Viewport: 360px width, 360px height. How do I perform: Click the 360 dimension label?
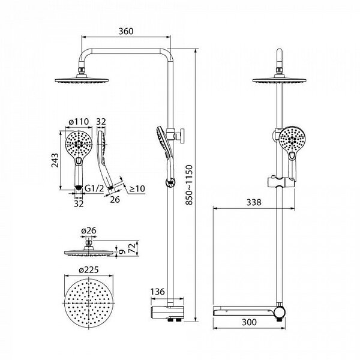click(x=126, y=31)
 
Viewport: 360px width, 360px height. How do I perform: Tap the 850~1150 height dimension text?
click(x=189, y=185)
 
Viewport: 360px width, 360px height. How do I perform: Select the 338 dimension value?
click(x=254, y=202)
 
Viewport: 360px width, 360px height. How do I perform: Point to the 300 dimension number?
click(x=249, y=322)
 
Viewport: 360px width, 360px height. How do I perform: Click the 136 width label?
click(x=158, y=292)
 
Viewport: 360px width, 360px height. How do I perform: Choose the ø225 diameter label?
click(x=89, y=269)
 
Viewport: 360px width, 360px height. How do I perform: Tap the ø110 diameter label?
click(x=79, y=121)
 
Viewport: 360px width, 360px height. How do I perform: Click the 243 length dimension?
click(x=55, y=160)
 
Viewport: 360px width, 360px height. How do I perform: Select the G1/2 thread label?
click(x=94, y=188)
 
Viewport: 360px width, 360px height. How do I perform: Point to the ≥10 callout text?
click(x=137, y=189)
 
